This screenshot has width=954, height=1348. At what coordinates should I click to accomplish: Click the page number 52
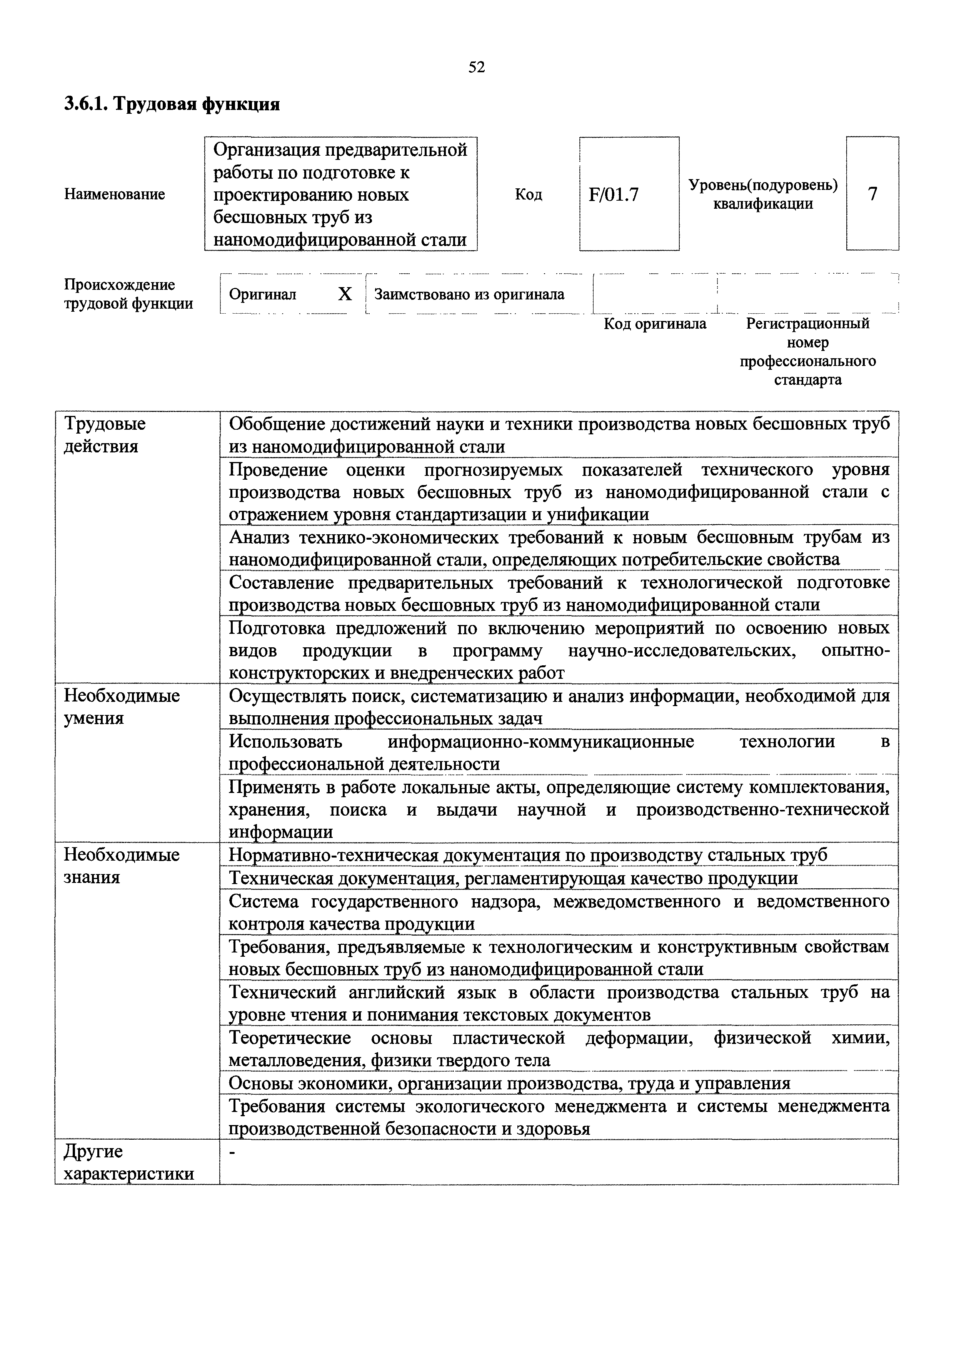coord(476,68)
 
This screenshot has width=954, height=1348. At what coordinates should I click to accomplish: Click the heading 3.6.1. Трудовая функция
coord(172,105)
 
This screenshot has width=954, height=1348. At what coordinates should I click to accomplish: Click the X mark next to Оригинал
coord(345,294)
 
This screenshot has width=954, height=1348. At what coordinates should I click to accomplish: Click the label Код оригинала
coord(655,324)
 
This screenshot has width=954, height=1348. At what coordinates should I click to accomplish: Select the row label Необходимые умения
coord(121,707)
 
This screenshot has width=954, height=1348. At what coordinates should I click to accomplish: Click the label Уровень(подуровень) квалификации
coord(762,194)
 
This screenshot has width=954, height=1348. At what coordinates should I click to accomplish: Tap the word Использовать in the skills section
coord(285,741)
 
